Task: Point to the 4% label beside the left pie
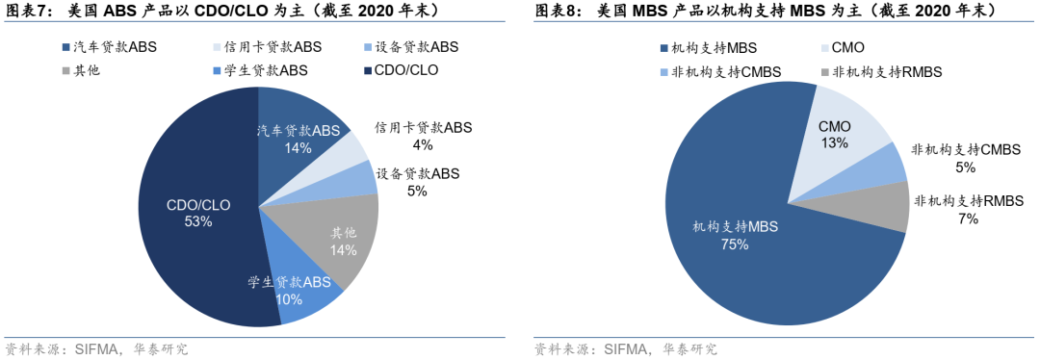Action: tap(422, 145)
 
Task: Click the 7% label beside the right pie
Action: tap(968, 219)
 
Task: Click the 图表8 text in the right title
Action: tap(556, 11)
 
